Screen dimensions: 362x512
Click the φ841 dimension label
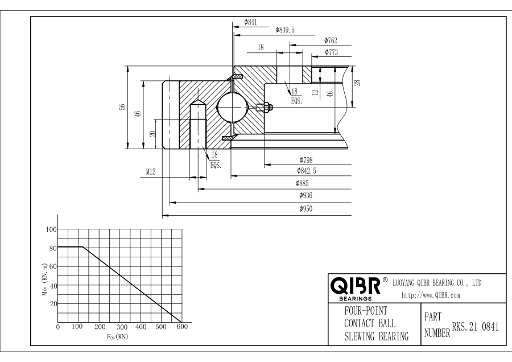click(250, 22)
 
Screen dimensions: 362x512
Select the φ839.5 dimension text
click(284, 30)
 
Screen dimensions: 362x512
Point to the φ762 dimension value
click(331, 40)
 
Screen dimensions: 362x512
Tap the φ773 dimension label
click(332, 52)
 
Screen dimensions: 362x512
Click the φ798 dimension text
click(307, 161)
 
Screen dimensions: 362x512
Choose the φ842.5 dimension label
click(307, 171)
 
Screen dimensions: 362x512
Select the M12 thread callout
click(149, 172)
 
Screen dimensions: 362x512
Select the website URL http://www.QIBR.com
click(431, 295)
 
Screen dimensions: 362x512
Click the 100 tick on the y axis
click(52, 229)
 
